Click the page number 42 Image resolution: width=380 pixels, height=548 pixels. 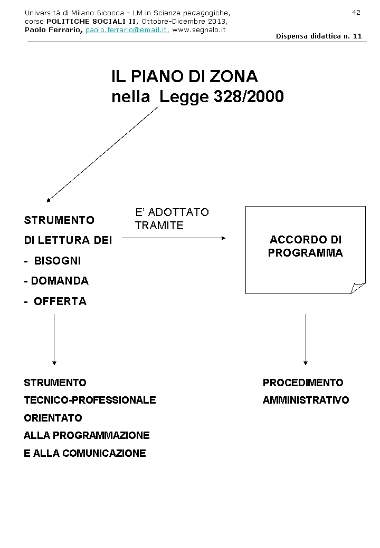(x=356, y=13)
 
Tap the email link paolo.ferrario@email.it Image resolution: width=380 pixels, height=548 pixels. (x=126, y=30)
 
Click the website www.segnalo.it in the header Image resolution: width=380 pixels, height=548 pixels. (x=199, y=30)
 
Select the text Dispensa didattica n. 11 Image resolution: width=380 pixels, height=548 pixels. (x=319, y=36)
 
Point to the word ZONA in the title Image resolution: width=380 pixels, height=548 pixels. (x=234, y=77)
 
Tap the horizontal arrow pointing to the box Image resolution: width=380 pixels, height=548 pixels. (x=174, y=238)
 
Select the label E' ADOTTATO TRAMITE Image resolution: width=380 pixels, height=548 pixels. (x=172, y=219)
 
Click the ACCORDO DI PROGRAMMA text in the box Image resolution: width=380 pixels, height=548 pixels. (x=305, y=246)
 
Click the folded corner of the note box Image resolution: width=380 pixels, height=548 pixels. (x=358, y=288)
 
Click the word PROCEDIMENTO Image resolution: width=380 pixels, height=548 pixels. (x=303, y=383)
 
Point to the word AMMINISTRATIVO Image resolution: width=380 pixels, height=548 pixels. (x=306, y=400)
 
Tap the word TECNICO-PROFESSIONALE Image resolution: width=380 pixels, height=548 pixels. (x=90, y=400)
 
